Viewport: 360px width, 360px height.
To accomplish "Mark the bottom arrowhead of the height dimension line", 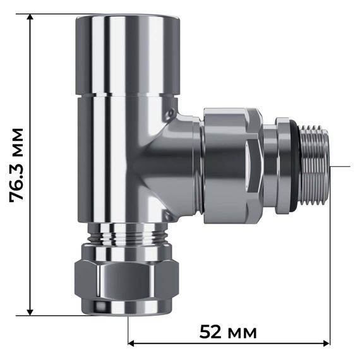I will [30, 311].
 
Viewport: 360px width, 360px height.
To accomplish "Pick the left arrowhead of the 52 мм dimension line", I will [132, 344].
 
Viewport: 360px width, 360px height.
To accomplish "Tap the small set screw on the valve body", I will [169, 114].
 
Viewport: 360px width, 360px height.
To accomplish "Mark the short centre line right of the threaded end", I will [340, 166].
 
